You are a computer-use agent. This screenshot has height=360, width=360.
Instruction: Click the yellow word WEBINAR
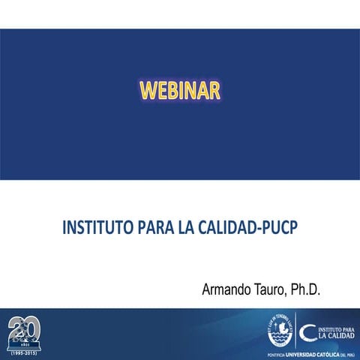(x=180, y=90)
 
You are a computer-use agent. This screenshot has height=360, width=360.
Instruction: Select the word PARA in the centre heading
(x=154, y=227)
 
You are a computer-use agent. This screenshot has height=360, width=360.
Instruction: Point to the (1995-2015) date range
(x=25, y=351)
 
